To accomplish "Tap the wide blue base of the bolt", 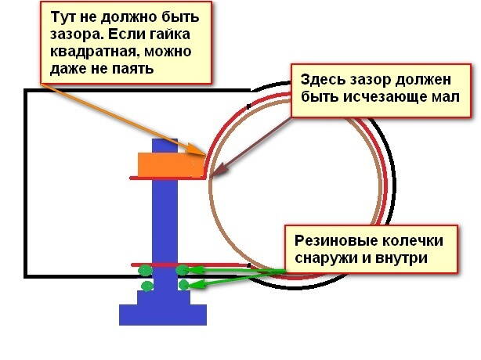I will point(162,314).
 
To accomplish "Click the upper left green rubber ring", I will point(145,271).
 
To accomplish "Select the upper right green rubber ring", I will point(183,271).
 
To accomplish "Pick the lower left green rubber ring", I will point(145,286).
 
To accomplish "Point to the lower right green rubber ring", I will point(183,286).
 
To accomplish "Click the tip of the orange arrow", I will point(206,154).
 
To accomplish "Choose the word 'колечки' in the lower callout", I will point(404,239).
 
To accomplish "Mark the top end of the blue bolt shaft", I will point(163,142).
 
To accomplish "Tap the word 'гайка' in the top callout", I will point(168,36).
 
